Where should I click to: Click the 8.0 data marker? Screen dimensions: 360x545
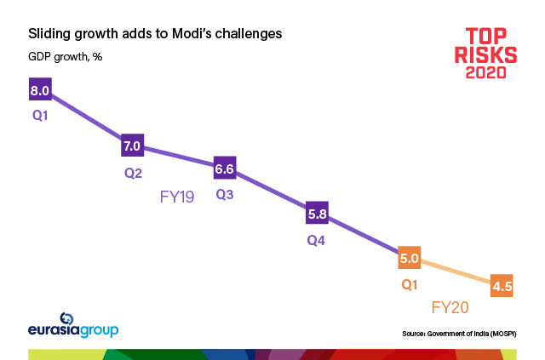(x=41, y=89)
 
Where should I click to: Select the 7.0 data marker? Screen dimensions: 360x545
(x=132, y=146)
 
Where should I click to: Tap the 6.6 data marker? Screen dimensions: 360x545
(x=225, y=169)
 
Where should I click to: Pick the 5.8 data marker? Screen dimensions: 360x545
(x=317, y=214)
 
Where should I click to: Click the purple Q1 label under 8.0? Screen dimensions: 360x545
(x=39, y=113)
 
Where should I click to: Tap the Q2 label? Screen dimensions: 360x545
(x=132, y=171)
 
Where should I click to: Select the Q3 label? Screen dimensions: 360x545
(x=225, y=195)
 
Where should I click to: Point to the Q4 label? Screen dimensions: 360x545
(x=317, y=240)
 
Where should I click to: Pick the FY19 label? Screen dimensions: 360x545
(x=178, y=197)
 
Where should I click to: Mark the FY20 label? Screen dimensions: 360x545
(x=450, y=308)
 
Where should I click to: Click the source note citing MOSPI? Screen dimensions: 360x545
(x=459, y=333)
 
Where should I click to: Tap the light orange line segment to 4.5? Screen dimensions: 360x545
(x=456, y=271)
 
